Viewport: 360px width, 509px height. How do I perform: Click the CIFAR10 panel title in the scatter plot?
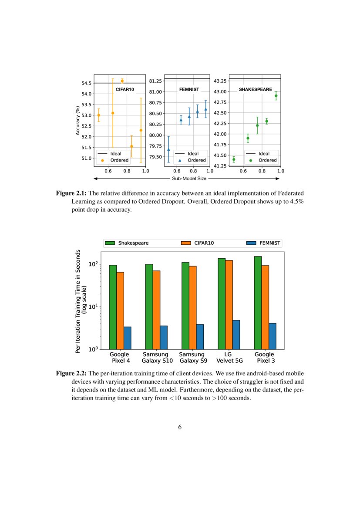point(124,89)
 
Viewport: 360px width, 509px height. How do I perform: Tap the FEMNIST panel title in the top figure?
point(189,89)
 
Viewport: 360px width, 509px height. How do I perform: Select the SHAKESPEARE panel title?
point(256,89)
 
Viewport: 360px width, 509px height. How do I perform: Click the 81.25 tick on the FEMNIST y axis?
point(155,81)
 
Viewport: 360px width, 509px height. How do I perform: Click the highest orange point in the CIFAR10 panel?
point(122,81)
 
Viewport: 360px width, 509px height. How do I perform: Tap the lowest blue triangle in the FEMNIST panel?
point(168,149)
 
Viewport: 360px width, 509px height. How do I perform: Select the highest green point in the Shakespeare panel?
point(276,96)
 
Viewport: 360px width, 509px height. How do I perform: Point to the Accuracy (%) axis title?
point(78,120)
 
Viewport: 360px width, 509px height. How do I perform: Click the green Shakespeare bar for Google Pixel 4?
point(113,307)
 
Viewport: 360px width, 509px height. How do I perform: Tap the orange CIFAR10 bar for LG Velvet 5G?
point(229,304)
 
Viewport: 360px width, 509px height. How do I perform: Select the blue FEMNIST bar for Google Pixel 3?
point(273,336)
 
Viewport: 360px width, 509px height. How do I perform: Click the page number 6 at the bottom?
point(180,427)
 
